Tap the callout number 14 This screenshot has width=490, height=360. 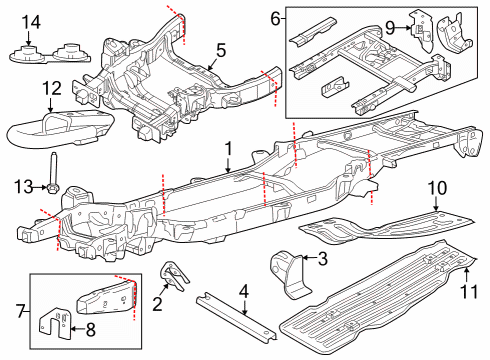31,21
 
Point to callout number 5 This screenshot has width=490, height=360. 221,47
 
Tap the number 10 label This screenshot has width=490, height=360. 436,187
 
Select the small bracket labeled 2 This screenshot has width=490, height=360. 171,277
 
